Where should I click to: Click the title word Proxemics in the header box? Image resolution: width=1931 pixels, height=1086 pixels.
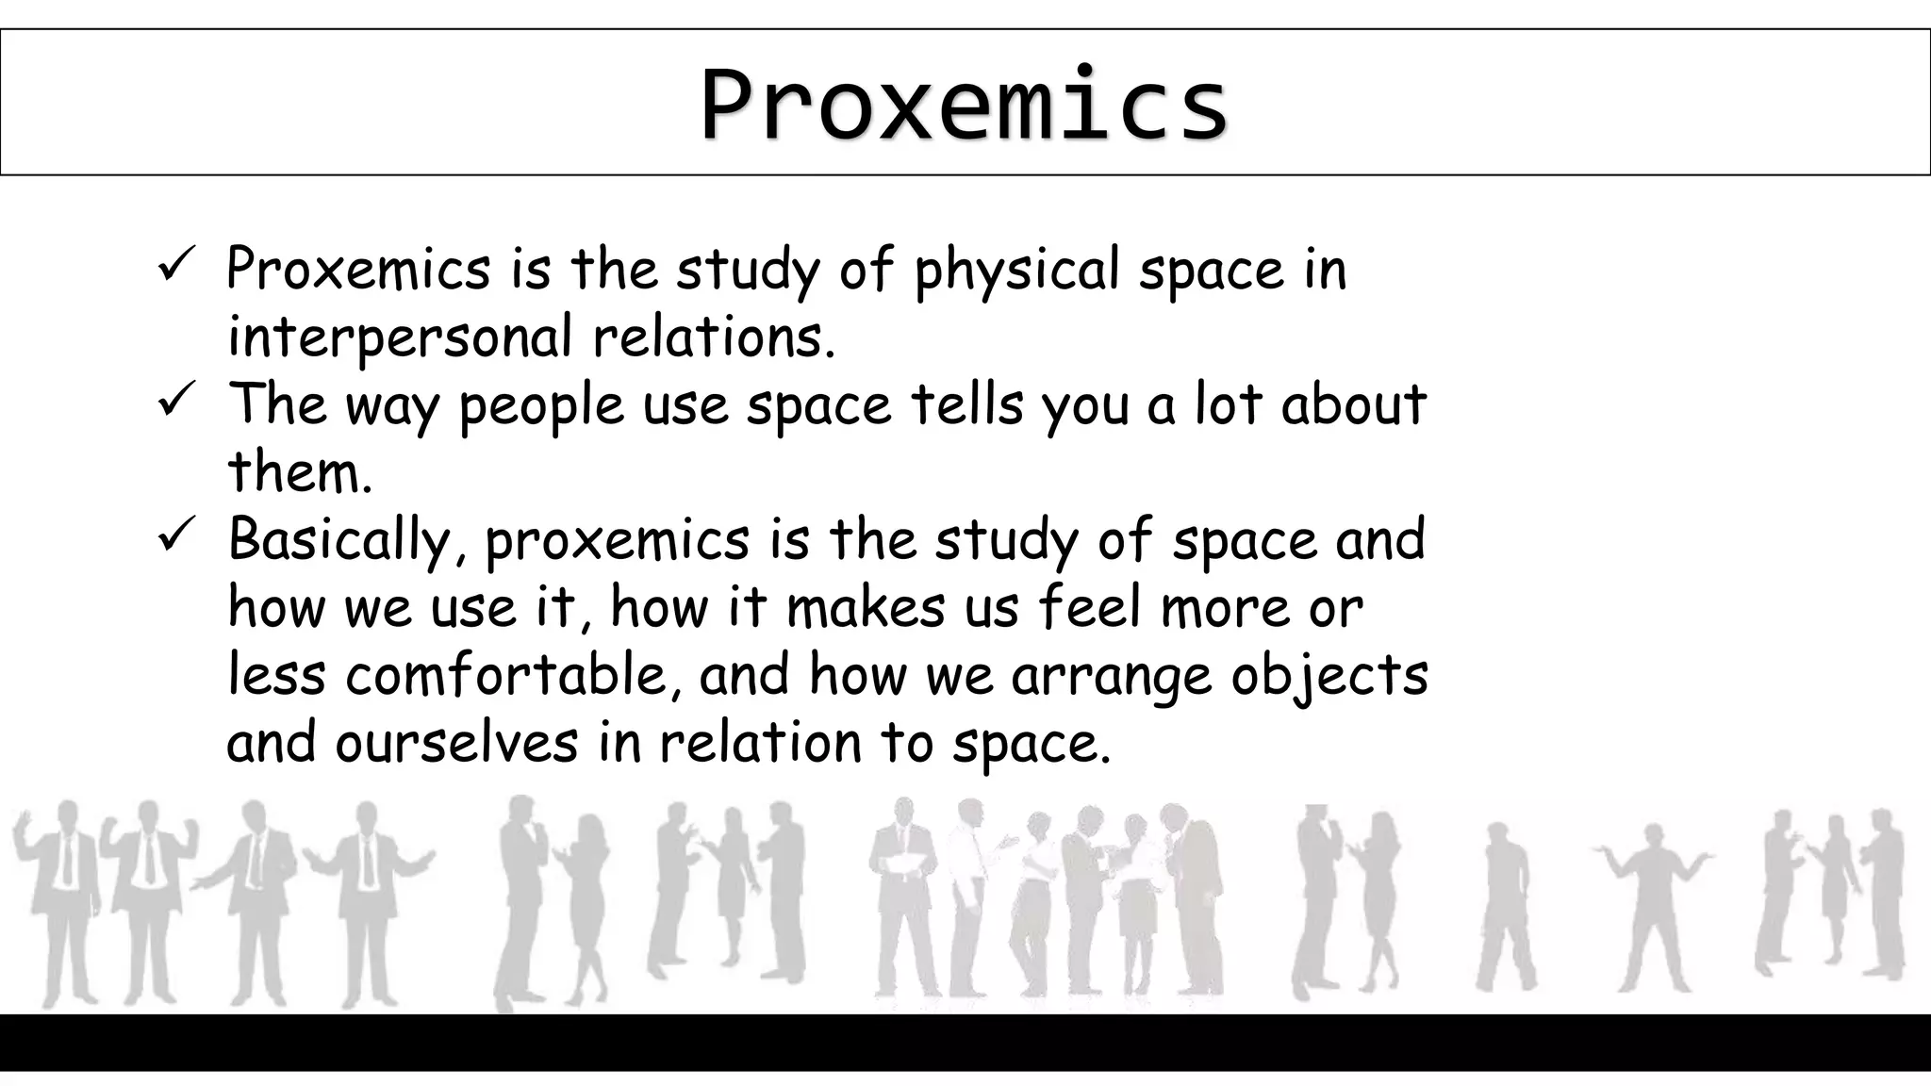pos(964,104)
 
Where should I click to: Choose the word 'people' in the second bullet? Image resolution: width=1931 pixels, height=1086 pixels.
pos(541,407)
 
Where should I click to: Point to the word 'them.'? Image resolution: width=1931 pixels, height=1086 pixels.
pos(300,472)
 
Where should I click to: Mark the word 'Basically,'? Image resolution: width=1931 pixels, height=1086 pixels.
pos(347,541)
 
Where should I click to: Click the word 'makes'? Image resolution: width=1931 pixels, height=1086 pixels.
pos(865,608)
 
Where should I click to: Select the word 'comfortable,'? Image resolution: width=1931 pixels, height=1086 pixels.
pos(514,676)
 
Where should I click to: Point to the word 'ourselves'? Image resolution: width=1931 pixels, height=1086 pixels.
pos(456,744)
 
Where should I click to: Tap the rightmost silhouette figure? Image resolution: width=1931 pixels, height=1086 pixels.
pos(1881,891)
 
